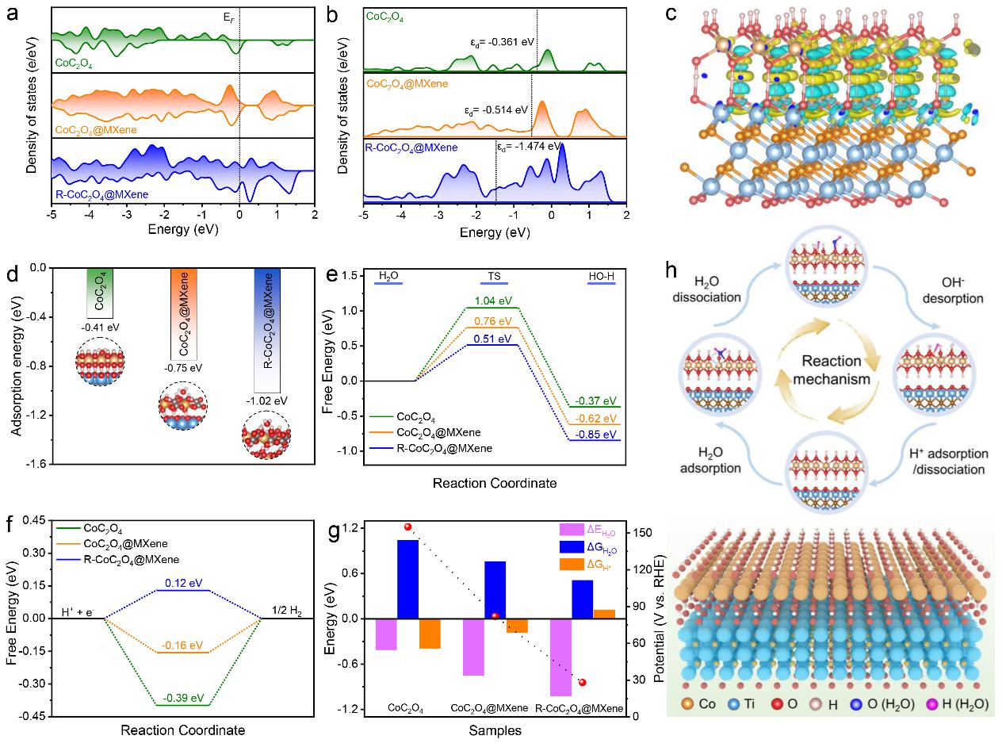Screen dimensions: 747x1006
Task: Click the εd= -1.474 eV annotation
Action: [529, 147]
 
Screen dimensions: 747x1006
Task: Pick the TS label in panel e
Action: [492, 276]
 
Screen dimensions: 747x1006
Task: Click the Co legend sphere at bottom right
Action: [687, 703]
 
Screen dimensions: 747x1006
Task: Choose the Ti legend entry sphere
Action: [740, 703]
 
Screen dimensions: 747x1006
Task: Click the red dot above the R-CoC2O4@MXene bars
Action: [583, 682]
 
